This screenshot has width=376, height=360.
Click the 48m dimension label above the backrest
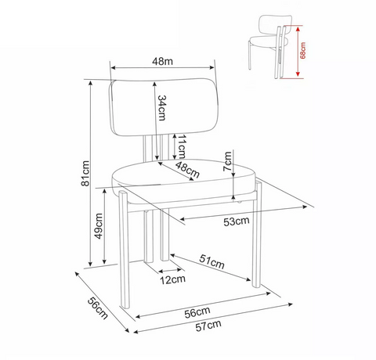tap(162, 61)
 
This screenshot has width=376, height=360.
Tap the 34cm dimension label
tap(162, 108)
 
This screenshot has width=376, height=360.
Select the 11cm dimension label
tap(182, 146)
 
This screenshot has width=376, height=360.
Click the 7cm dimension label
tap(227, 161)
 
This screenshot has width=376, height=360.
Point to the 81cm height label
tap(85, 173)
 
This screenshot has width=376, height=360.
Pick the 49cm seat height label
tap(99, 226)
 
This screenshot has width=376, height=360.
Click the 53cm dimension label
tap(237, 221)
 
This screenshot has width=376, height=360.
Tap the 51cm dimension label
tap(211, 261)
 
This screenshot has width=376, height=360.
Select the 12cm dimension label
tap(173, 280)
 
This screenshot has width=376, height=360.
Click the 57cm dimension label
tap(208, 326)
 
